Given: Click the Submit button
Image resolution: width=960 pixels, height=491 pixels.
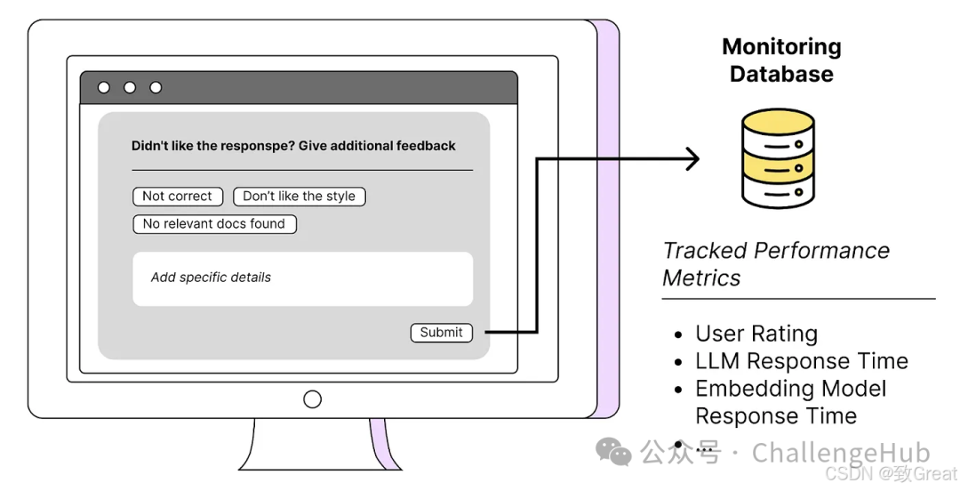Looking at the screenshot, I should [x=441, y=333].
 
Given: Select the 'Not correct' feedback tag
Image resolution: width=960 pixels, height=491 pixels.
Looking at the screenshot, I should [x=177, y=197].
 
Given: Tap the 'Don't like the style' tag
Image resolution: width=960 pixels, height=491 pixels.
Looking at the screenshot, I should [x=299, y=197].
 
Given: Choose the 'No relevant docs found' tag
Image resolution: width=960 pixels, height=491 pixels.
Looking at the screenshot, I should [x=214, y=224].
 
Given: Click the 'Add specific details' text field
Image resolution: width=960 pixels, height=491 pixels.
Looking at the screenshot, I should [x=302, y=278].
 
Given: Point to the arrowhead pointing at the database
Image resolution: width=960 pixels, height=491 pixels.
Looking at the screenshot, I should [x=692, y=160].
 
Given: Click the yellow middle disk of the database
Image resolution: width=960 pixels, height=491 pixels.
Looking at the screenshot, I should [x=778, y=163].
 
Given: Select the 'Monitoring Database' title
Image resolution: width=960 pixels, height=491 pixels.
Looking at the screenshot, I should [x=781, y=60].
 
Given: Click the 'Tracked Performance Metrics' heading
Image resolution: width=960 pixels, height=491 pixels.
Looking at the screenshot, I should [x=775, y=264].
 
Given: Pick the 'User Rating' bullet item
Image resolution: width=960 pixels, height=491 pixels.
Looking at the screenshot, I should [x=756, y=334].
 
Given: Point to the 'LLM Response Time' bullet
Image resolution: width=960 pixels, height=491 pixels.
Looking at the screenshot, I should [x=801, y=361].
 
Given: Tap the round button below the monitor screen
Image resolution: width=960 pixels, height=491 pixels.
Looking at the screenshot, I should [x=312, y=399].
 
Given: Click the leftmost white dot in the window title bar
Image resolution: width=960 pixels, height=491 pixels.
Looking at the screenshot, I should [x=104, y=88].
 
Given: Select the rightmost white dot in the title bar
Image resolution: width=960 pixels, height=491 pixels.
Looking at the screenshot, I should [x=156, y=88].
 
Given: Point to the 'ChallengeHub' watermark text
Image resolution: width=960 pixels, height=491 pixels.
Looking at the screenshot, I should [x=840, y=453].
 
